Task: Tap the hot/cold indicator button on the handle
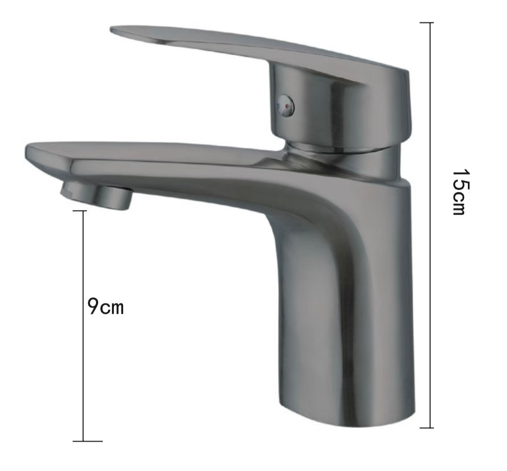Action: pos(286,105)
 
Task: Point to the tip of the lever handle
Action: pos(112,30)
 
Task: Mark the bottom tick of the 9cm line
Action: pos(87,441)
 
